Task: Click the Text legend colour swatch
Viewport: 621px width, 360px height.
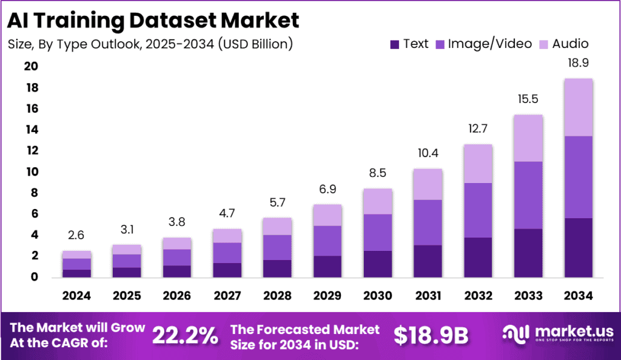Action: point(395,44)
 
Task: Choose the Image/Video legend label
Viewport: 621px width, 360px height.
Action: point(490,44)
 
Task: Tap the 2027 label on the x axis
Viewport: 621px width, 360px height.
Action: point(226,296)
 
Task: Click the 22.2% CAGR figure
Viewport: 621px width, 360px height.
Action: point(184,335)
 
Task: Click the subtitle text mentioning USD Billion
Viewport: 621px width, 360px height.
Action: point(151,44)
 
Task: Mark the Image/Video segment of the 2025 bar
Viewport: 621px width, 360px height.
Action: point(126,261)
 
